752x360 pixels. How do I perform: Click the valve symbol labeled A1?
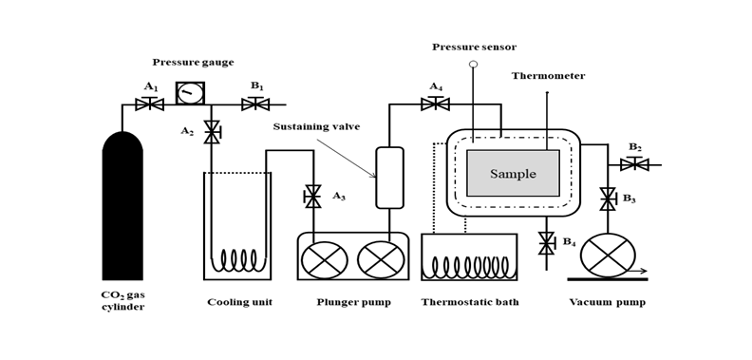click(150, 104)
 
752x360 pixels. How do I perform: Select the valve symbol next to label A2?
click(212, 132)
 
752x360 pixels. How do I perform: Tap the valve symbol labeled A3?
click(312, 197)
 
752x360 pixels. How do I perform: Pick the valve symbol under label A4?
click(435, 104)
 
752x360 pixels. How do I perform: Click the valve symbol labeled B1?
click(255, 104)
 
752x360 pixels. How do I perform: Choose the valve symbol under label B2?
click(634, 164)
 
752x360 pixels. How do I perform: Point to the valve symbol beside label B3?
click(608, 199)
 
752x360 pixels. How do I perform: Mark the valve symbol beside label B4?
click(547, 243)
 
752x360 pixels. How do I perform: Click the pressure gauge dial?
click(190, 93)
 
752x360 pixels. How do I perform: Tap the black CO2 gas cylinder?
click(122, 205)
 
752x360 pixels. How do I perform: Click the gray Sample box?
click(513, 173)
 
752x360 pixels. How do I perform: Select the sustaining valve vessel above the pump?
click(389, 178)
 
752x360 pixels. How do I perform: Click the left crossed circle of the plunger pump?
click(324, 259)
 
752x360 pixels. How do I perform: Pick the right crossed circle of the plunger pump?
click(381, 259)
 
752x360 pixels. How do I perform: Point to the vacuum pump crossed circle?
click(608, 255)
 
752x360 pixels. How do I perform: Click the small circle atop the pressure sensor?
click(474, 64)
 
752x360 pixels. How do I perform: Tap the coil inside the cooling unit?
click(240, 260)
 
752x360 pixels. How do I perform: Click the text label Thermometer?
click(548, 76)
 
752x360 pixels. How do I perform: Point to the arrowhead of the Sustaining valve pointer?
click(373, 176)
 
